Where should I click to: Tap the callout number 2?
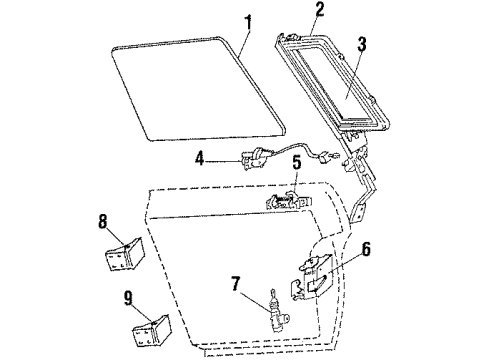click(292, 11)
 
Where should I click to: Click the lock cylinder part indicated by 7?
click(276, 312)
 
